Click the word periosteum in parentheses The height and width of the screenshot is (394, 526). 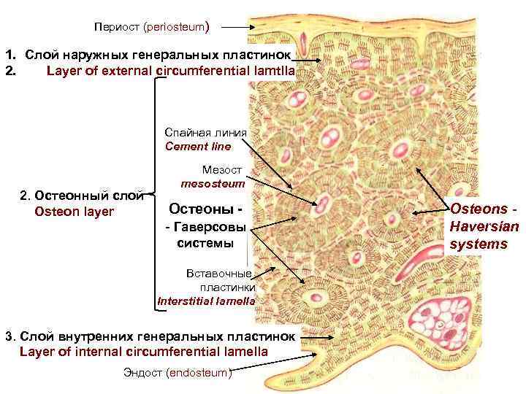(176, 27)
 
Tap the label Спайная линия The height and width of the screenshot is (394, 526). (206, 133)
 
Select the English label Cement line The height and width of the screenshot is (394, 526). (198, 146)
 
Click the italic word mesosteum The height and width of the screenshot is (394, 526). (212, 184)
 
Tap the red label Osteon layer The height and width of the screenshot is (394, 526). (74, 212)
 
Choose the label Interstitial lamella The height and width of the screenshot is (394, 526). (206, 300)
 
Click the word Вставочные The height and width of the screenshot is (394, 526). (219, 274)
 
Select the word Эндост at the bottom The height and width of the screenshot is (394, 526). (144, 373)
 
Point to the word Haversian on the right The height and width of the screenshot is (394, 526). (484, 227)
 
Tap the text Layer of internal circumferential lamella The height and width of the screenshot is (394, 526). (143, 351)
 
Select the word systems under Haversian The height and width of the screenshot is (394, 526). (479, 244)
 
